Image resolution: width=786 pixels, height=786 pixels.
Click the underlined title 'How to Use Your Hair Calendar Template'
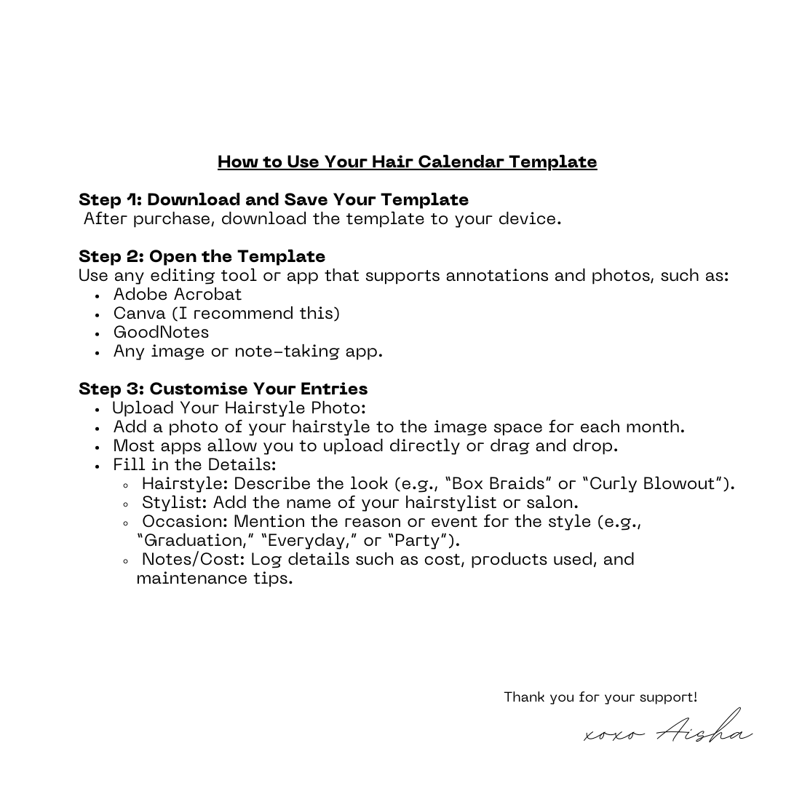[x=407, y=162]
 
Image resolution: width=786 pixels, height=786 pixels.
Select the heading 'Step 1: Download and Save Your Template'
[x=274, y=200]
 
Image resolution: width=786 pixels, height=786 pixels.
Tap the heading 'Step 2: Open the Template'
[x=202, y=257]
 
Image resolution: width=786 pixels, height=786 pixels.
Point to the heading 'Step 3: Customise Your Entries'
[x=223, y=389]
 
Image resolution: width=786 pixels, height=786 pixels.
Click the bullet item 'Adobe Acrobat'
[x=177, y=295]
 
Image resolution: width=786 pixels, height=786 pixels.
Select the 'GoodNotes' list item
[x=161, y=333]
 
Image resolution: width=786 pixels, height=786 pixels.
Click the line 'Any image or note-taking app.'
[x=247, y=352]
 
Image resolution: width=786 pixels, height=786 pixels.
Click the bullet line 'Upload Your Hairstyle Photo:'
[x=238, y=408]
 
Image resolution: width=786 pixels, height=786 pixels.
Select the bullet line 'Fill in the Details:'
[x=194, y=465]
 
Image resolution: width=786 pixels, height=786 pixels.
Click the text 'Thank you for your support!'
[x=600, y=697]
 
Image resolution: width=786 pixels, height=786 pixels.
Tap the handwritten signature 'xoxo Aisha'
[x=668, y=730]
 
